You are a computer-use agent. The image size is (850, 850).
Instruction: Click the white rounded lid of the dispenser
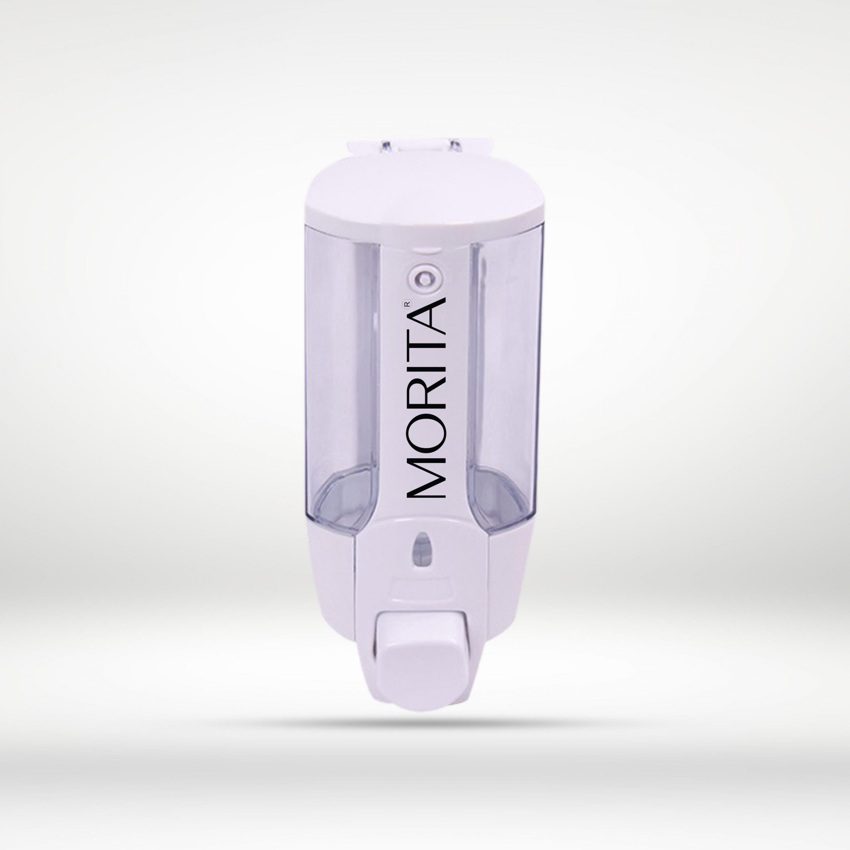(422, 203)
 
